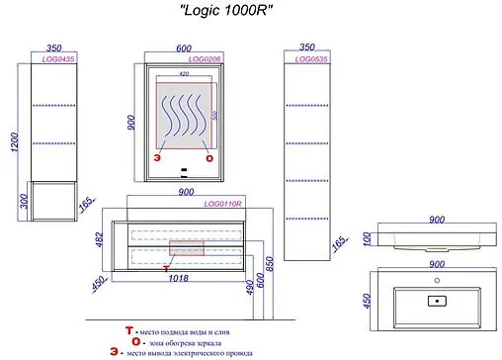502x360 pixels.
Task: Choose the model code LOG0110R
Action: tap(223, 203)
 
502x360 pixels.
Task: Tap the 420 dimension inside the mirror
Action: tap(184, 73)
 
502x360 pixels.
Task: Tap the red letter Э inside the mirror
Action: tap(155, 157)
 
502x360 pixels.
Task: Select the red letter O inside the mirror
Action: tap(209, 157)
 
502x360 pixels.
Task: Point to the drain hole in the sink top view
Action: tap(434, 299)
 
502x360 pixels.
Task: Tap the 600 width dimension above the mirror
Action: tap(184, 45)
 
